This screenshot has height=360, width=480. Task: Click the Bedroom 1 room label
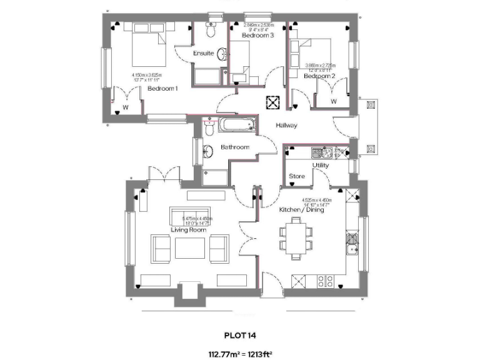tap(162, 89)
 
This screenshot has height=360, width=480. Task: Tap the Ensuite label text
tap(203, 54)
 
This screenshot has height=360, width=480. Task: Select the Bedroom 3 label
tap(257, 36)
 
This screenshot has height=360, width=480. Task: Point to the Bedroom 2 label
tap(319, 76)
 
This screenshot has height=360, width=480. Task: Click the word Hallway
tap(286, 126)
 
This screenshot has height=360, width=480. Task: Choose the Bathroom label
tap(235, 147)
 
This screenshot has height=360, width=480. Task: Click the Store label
tap(297, 176)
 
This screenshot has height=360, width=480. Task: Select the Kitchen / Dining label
tap(301, 210)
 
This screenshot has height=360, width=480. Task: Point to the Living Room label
tap(189, 230)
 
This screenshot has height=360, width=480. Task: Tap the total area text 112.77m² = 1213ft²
tap(239, 354)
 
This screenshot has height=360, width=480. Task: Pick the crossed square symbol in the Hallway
tap(273, 102)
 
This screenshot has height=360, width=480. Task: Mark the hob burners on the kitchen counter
tap(325, 282)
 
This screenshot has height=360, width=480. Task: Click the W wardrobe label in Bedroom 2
tap(333, 101)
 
